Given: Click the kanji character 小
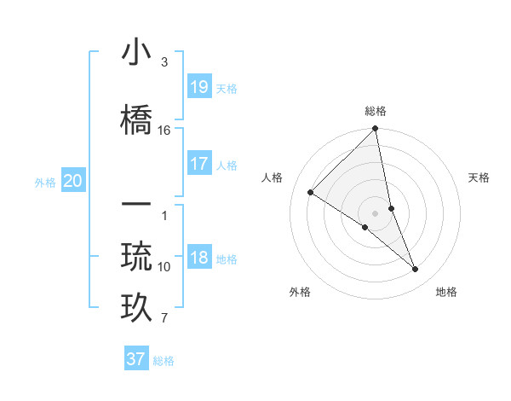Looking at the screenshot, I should tap(136, 53).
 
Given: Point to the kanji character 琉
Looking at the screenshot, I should tap(136, 257).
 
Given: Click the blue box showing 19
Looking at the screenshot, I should tap(199, 87).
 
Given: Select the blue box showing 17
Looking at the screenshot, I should tap(199, 164).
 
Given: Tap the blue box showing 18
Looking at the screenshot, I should tap(199, 259).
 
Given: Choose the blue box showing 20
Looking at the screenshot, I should tap(73, 181).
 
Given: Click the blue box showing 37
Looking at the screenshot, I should tap(136, 359).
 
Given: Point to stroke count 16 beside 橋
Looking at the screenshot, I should tap(164, 130).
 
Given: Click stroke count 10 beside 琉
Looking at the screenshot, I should tap(164, 266).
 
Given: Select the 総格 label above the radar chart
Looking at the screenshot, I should tap(376, 111).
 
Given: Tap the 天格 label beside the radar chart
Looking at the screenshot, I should tap(479, 177).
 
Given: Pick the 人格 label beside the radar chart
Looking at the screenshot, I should tap(272, 177).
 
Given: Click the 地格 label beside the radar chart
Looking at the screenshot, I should tap(446, 292).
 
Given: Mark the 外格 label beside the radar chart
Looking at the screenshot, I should tap(300, 292).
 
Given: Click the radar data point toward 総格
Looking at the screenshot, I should tap(376, 130).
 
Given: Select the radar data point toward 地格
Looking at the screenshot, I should tap(416, 269).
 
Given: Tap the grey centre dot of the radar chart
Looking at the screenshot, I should tap(376, 212).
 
